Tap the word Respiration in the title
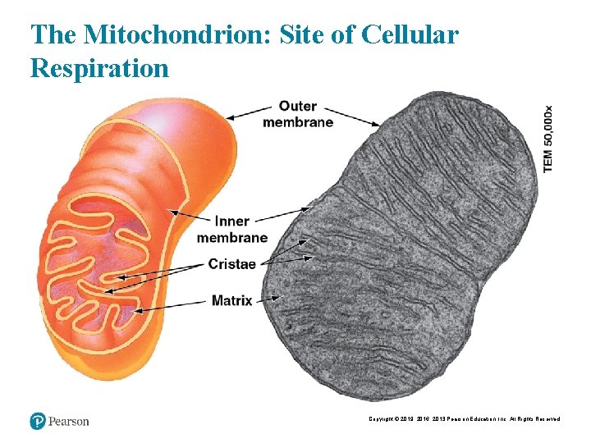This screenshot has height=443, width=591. click(x=99, y=67)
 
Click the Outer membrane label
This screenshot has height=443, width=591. click(x=297, y=114)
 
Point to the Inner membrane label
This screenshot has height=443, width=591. click(x=231, y=229)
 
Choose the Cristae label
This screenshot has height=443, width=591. click(x=231, y=263)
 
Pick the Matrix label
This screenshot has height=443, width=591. click(x=231, y=299)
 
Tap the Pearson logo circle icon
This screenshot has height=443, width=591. click(x=37, y=421)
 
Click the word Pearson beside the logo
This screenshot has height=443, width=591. click(x=68, y=421)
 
